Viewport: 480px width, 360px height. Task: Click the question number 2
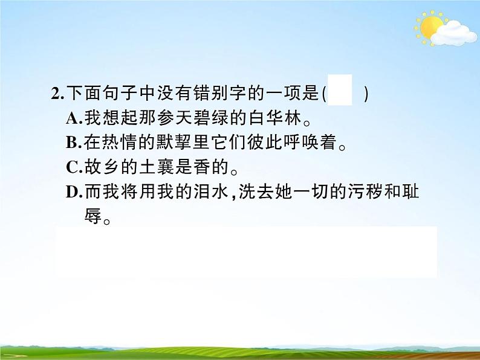coord(56,94)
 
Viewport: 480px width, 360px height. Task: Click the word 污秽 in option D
coord(363,192)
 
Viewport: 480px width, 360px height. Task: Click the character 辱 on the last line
coord(92,216)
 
